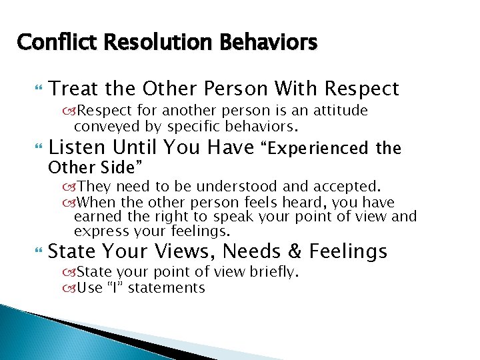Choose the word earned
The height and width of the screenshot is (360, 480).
[x=94, y=217]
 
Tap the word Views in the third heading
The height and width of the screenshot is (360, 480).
[x=181, y=251]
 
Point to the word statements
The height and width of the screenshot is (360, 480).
[x=167, y=288]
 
